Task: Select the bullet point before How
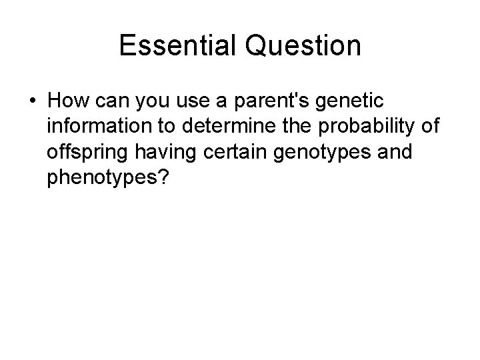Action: [x=32, y=101]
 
